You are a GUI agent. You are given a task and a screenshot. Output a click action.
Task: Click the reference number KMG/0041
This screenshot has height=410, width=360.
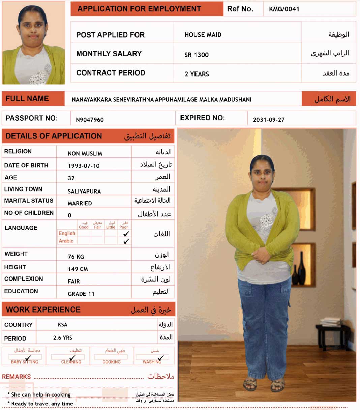(x=284, y=9)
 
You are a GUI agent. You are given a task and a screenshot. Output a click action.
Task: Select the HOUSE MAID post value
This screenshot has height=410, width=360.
(x=203, y=35)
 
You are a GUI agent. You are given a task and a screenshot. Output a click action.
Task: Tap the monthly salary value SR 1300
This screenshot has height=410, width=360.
(x=197, y=55)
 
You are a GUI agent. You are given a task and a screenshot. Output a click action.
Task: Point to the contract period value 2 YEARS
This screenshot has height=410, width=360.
(x=197, y=74)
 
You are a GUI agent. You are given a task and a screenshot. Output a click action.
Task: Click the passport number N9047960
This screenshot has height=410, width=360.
(x=90, y=120)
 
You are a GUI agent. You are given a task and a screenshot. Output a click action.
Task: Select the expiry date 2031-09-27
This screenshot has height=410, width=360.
(x=269, y=120)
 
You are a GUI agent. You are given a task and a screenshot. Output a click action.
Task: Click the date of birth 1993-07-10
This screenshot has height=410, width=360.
(x=84, y=166)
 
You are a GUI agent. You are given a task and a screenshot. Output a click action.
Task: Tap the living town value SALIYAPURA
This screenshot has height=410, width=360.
(x=84, y=191)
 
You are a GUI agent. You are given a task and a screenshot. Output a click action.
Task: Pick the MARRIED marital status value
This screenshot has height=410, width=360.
(x=80, y=203)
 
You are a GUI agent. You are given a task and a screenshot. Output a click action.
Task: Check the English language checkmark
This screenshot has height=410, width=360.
(x=126, y=234)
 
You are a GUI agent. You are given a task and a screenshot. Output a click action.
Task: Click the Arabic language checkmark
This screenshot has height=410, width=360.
(x=126, y=241)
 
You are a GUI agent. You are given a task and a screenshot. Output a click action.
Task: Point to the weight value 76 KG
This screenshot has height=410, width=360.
(x=76, y=257)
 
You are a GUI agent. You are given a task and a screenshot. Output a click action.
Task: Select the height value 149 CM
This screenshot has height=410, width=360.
(x=78, y=269)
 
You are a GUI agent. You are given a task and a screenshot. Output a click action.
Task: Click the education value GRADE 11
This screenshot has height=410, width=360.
(x=81, y=294)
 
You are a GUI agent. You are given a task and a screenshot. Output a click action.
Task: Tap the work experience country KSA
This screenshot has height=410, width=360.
(x=63, y=325)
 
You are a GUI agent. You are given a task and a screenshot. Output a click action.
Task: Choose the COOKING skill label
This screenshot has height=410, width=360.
(x=112, y=362)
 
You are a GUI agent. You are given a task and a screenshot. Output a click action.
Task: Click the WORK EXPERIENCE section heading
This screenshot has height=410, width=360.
(x=43, y=310)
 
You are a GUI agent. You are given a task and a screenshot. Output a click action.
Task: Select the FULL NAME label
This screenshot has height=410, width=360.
(x=27, y=99)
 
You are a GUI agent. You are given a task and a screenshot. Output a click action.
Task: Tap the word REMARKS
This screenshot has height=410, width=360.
(x=17, y=377)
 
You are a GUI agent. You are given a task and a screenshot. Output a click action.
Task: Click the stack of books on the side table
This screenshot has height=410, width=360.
(x=330, y=322)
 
